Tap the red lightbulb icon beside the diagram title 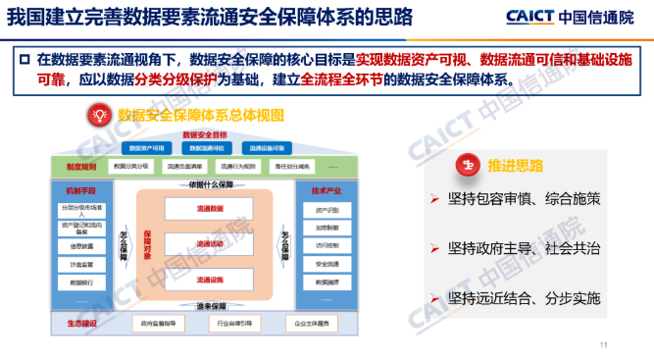[98, 116]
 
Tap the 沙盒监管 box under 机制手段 [81, 264]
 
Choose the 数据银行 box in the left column [81, 282]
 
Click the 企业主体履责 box [307, 323]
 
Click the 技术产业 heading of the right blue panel [325, 190]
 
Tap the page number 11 [604, 344]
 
